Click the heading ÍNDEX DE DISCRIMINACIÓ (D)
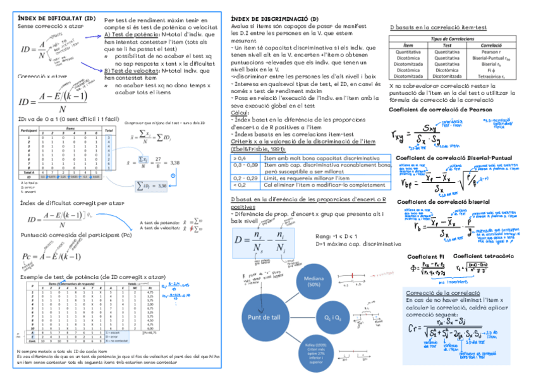274,20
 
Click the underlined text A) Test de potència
131,34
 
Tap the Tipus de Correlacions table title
452,39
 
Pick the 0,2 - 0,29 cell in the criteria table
245,178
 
